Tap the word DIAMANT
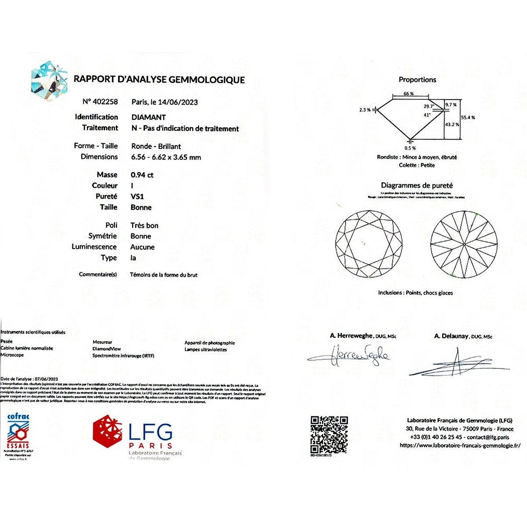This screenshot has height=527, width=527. [x=148, y=117]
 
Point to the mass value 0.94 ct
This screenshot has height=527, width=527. [x=142, y=175]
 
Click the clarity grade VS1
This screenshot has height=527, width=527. [x=137, y=196]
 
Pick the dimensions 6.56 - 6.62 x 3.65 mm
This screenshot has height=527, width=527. [x=166, y=157]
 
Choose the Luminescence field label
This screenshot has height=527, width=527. [x=94, y=247]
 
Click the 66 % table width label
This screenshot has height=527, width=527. [x=409, y=94]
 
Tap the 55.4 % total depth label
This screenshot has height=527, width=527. [x=468, y=118]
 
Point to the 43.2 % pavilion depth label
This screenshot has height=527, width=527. [x=452, y=124]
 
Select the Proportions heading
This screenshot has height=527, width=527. [x=417, y=79]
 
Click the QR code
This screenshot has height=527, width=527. [x=329, y=435]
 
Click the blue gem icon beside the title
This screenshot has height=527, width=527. [x=49, y=81]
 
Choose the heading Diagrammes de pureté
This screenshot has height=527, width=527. [x=416, y=185]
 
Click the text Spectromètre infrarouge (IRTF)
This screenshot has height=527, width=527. [x=123, y=356]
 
